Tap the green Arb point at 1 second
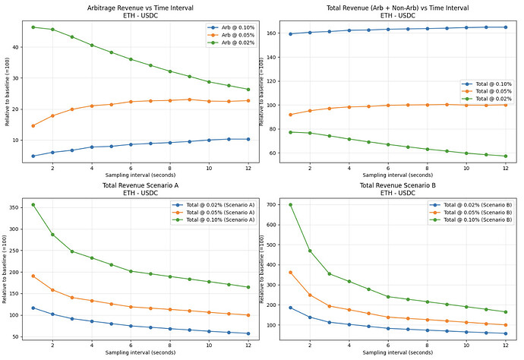point(33,27)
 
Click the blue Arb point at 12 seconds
point(248,139)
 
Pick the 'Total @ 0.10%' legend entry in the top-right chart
point(487,84)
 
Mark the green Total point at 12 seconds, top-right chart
point(505,156)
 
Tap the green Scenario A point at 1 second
point(33,205)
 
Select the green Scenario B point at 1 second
point(291,205)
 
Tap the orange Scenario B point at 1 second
point(291,272)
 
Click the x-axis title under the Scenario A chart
point(140,353)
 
